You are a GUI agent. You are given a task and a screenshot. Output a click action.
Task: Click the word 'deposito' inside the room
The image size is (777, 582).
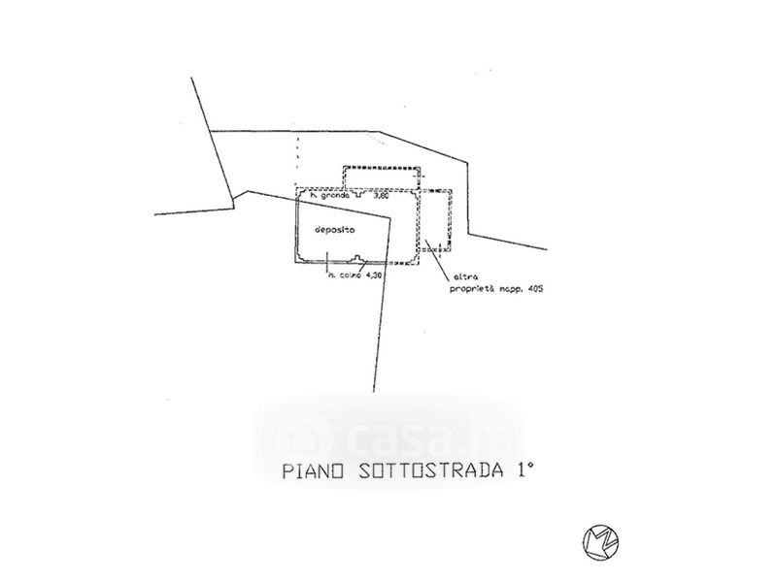[333, 230]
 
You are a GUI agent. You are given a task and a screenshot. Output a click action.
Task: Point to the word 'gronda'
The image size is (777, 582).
[332, 196]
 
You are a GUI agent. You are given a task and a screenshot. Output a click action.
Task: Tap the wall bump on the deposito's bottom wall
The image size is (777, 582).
[358, 258]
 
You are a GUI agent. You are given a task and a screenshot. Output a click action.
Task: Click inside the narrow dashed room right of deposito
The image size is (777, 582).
[436, 218]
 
